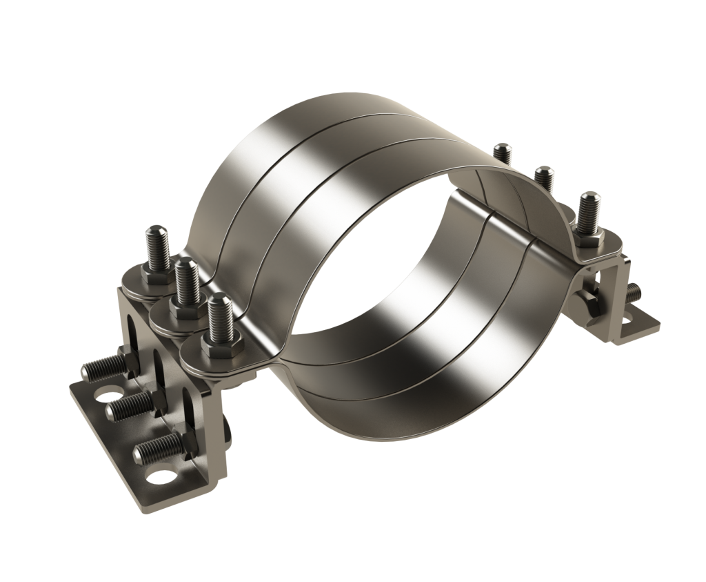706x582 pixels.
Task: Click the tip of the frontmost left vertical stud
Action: click(x=218, y=299)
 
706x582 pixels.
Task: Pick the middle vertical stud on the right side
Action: click(x=543, y=179)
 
